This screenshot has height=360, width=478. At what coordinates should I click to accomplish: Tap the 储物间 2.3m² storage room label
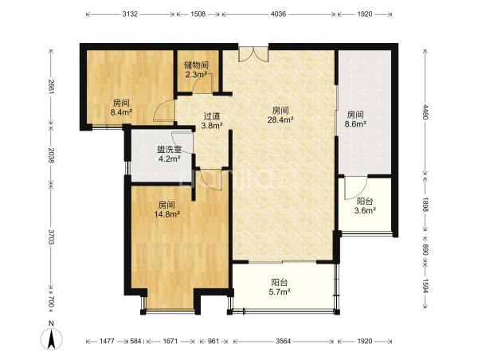pyautogui.click(x=196, y=69)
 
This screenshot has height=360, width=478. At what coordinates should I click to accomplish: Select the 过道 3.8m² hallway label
pyautogui.click(x=212, y=120)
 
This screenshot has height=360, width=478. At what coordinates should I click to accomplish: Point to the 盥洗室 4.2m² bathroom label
pyautogui.click(x=169, y=154)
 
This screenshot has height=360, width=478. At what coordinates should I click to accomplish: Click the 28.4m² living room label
pyautogui.click(x=280, y=115)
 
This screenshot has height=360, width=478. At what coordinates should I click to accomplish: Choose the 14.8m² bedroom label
pyautogui.click(x=167, y=209)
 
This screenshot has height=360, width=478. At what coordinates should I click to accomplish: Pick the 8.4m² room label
pyautogui.click(x=121, y=108)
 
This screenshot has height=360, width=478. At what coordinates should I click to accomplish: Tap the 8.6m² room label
pyautogui.click(x=355, y=119)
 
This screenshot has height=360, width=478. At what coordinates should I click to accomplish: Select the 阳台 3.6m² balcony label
pyautogui.click(x=365, y=205)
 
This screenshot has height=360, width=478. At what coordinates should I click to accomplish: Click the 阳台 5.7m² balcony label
pyautogui.click(x=280, y=288)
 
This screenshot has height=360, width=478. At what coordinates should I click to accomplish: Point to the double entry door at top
pyautogui.click(x=253, y=54)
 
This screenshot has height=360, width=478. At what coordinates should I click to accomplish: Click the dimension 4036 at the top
pyautogui.click(x=279, y=14)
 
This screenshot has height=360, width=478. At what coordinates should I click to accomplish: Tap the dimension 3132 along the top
pyautogui.click(x=130, y=14)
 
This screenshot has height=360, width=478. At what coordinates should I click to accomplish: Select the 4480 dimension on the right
pyautogui.click(x=426, y=112)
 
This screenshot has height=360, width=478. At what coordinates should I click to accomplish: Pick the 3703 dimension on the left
pyautogui.click(x=51, y=237)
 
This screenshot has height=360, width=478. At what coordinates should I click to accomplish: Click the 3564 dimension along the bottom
pyautogui.click(x=283, y=341)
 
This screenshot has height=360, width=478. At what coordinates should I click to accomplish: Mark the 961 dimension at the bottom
pyautogui.click(x=213, y=341)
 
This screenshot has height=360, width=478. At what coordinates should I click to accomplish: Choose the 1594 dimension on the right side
pyautogui.click(x=426, y=286)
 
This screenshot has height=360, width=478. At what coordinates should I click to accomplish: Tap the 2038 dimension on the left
pyautogui.click(x=51, y=155)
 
